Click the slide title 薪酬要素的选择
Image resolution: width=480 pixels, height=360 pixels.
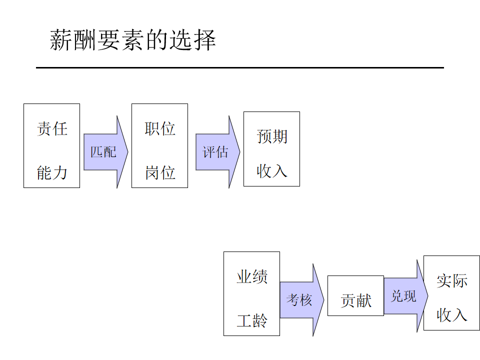(133, 40)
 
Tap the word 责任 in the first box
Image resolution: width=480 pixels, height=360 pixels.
(52, 128)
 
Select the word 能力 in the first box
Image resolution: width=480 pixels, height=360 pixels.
(52, 173)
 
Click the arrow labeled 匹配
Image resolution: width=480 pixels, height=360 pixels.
(104, 152)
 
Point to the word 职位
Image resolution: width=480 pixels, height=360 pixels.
(160, 128)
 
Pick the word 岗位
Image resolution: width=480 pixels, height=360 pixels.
(160, 173)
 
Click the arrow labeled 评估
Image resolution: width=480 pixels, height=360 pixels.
(216, 152)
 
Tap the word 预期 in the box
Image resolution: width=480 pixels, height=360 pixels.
(272, 136)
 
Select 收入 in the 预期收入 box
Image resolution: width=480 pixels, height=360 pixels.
(272, 170)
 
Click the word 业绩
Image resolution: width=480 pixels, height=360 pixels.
(252, 276)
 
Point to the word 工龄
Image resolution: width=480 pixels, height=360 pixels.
(252, 320)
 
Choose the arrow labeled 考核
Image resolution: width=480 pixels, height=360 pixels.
(299, 300)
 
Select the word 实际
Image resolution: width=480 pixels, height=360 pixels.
(452, 280)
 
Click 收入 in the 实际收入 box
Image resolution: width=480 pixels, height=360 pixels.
(452, 314)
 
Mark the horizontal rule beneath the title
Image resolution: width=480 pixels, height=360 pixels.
(240, 67)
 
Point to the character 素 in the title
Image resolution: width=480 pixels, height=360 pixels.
(133, 40)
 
